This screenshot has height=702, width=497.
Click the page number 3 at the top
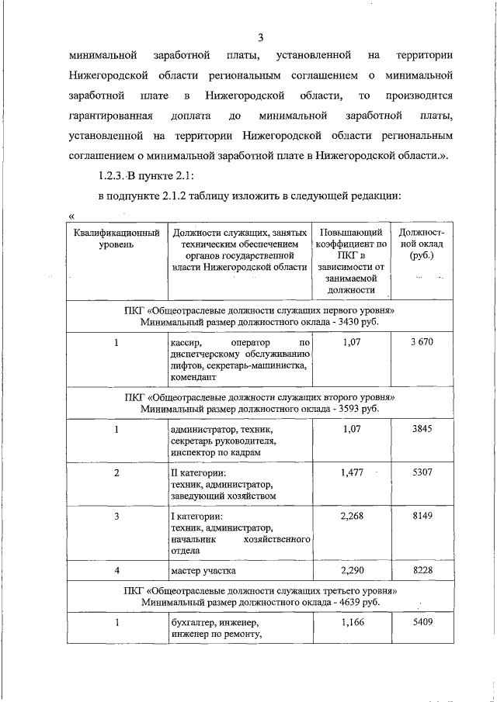click(261, 37)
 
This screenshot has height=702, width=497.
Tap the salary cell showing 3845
click(422, 428)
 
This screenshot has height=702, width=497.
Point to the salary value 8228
click(422, 570)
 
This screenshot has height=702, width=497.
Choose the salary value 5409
click(422, 622)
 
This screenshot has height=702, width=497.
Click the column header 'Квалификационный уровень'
click(116, 238)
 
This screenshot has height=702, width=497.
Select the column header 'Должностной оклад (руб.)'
click(422, 244)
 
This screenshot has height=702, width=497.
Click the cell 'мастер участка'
click(203, 571)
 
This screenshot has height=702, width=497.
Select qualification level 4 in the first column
click(116, 570)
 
